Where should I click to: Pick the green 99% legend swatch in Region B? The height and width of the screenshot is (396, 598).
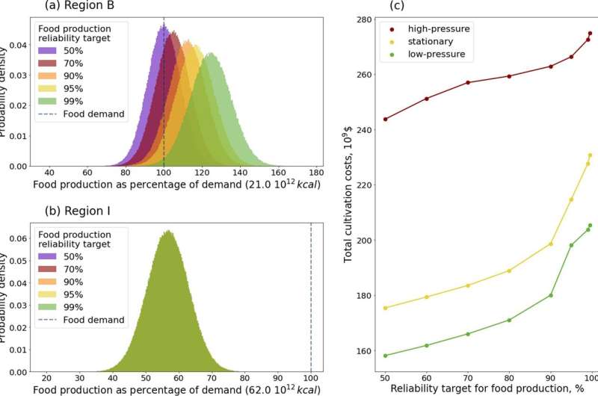[50, 100]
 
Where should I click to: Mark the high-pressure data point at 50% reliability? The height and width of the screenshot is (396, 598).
[385, 120]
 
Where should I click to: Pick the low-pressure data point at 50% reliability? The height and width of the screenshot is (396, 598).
[385, 356]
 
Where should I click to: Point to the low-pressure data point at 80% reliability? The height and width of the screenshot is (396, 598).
[509, 320]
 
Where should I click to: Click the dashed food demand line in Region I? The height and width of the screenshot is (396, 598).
[311, 299]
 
